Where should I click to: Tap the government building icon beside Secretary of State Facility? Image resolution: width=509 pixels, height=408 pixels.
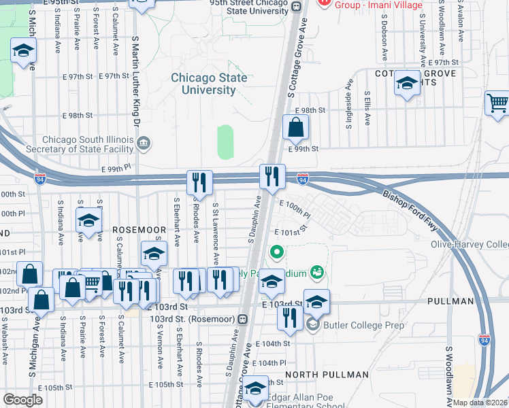pos(144,143)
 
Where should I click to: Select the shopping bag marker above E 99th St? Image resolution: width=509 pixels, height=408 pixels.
pos(295,127)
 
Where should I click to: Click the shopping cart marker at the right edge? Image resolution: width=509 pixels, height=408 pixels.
pos(497,104)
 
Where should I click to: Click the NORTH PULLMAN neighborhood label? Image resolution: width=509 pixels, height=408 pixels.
pos(327,375)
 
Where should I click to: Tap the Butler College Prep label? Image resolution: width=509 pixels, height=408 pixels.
pos(364,325)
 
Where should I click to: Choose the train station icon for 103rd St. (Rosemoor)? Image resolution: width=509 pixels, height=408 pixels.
pos(243,319)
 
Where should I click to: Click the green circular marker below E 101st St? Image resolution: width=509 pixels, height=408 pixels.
pos(276,254)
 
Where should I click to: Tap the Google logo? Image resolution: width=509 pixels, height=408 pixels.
pos(22,400)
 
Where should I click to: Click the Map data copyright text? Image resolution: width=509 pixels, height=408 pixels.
pos(480,403)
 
